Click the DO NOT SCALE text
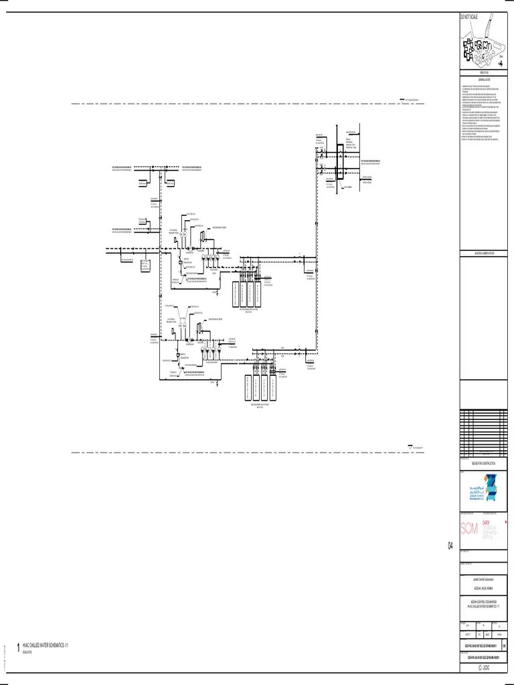468,16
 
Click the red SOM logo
469,529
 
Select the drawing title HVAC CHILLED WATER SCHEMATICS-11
46,645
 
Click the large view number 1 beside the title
18,648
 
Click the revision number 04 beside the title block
451,547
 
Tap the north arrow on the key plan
501,58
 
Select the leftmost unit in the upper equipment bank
236,294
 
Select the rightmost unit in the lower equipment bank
271,389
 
